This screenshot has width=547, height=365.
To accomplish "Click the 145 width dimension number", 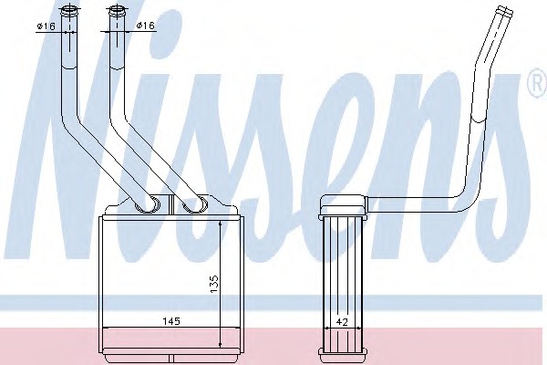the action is [x=171, y=321].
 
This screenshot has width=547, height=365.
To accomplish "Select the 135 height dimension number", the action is [x=214, y=284].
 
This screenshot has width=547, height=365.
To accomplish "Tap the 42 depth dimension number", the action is [x=343, y=322].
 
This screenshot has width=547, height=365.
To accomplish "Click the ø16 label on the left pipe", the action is [x=46, y=26].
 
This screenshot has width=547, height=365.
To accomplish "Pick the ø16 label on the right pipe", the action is [x=146, y=26].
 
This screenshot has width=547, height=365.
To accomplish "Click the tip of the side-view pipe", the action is [x=505, y=10].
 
